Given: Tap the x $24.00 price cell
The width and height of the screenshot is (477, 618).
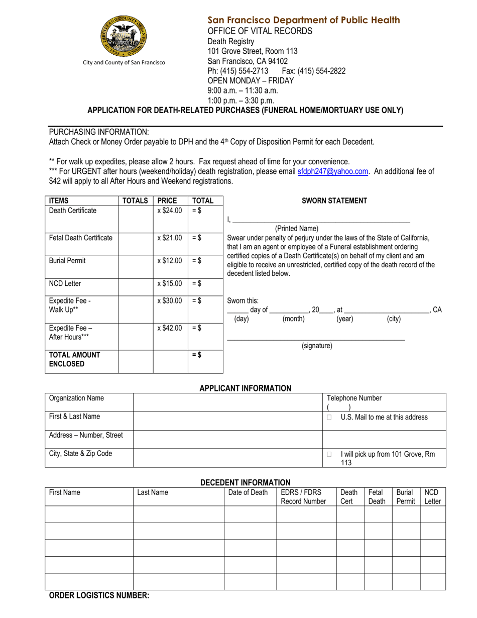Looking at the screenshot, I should click(x=170, y=211).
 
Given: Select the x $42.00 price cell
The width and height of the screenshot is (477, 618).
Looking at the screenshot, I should click(x=170, y=328).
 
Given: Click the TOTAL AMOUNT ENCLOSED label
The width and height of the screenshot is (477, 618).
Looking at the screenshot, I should click(x=67, y=359).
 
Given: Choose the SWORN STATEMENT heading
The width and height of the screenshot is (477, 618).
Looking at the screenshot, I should click(x=334, y=201).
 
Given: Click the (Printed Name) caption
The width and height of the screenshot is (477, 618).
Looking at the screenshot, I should click(x=296, y=229).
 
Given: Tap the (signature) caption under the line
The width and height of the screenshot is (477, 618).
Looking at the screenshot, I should click(x=317, y=346).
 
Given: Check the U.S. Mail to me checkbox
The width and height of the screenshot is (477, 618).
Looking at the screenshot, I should click(x=329, y=417).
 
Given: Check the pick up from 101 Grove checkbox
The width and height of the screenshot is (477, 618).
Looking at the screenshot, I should click(x=329, y=454).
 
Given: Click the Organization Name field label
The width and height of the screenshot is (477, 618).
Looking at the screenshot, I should click(x=76, y=398).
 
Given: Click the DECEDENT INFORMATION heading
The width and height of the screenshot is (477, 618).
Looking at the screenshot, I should click(x=245, y=482).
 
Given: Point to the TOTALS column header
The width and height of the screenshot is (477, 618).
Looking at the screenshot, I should click(x=135, y=200).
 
